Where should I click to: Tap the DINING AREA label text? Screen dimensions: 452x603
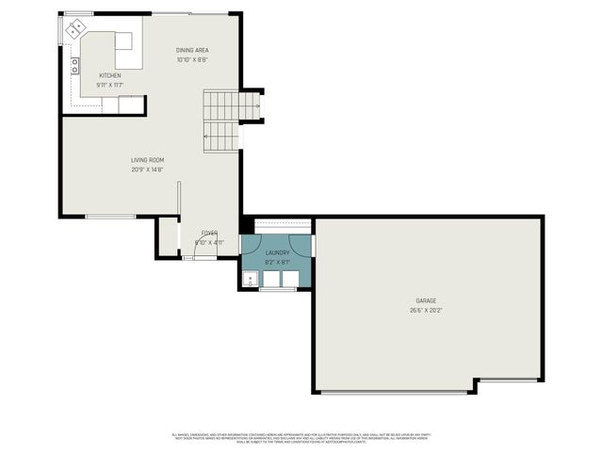pos(192,50)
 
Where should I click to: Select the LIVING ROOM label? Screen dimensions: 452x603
pos(147,160)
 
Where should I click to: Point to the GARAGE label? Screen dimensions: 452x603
pos(426,301)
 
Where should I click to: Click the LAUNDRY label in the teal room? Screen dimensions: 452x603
pos(277,252)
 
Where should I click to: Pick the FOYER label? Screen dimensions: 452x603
pos(208,233)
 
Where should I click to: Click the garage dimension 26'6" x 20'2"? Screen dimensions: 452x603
pos(426,310)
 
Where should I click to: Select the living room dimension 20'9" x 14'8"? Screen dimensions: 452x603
pos(147,169)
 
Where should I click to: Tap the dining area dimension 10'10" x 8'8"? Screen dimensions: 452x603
pos(192,59)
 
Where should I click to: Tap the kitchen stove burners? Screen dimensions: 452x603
pos(74,66)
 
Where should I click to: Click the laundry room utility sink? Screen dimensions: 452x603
pos(250,279)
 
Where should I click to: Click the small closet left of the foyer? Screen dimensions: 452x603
pos(168,236)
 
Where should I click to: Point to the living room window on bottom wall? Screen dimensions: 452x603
pos(110,218)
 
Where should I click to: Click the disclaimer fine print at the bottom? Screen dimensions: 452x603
pos(301,437)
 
